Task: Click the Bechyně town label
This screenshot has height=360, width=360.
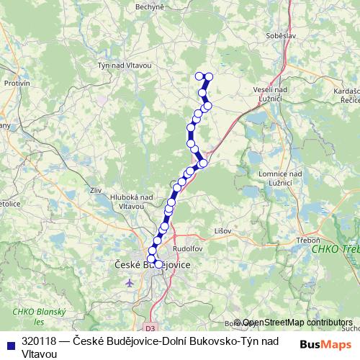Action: (x=150, y=6)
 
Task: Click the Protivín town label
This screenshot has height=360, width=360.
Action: (x=17, y=83)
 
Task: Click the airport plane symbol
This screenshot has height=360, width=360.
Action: (x=130, y=282)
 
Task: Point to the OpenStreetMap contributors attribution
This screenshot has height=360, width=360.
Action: (x=297, y=323)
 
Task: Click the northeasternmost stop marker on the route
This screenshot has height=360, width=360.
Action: (x=209, y=76)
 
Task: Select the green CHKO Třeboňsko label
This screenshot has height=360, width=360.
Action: (x=336, y=250)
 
